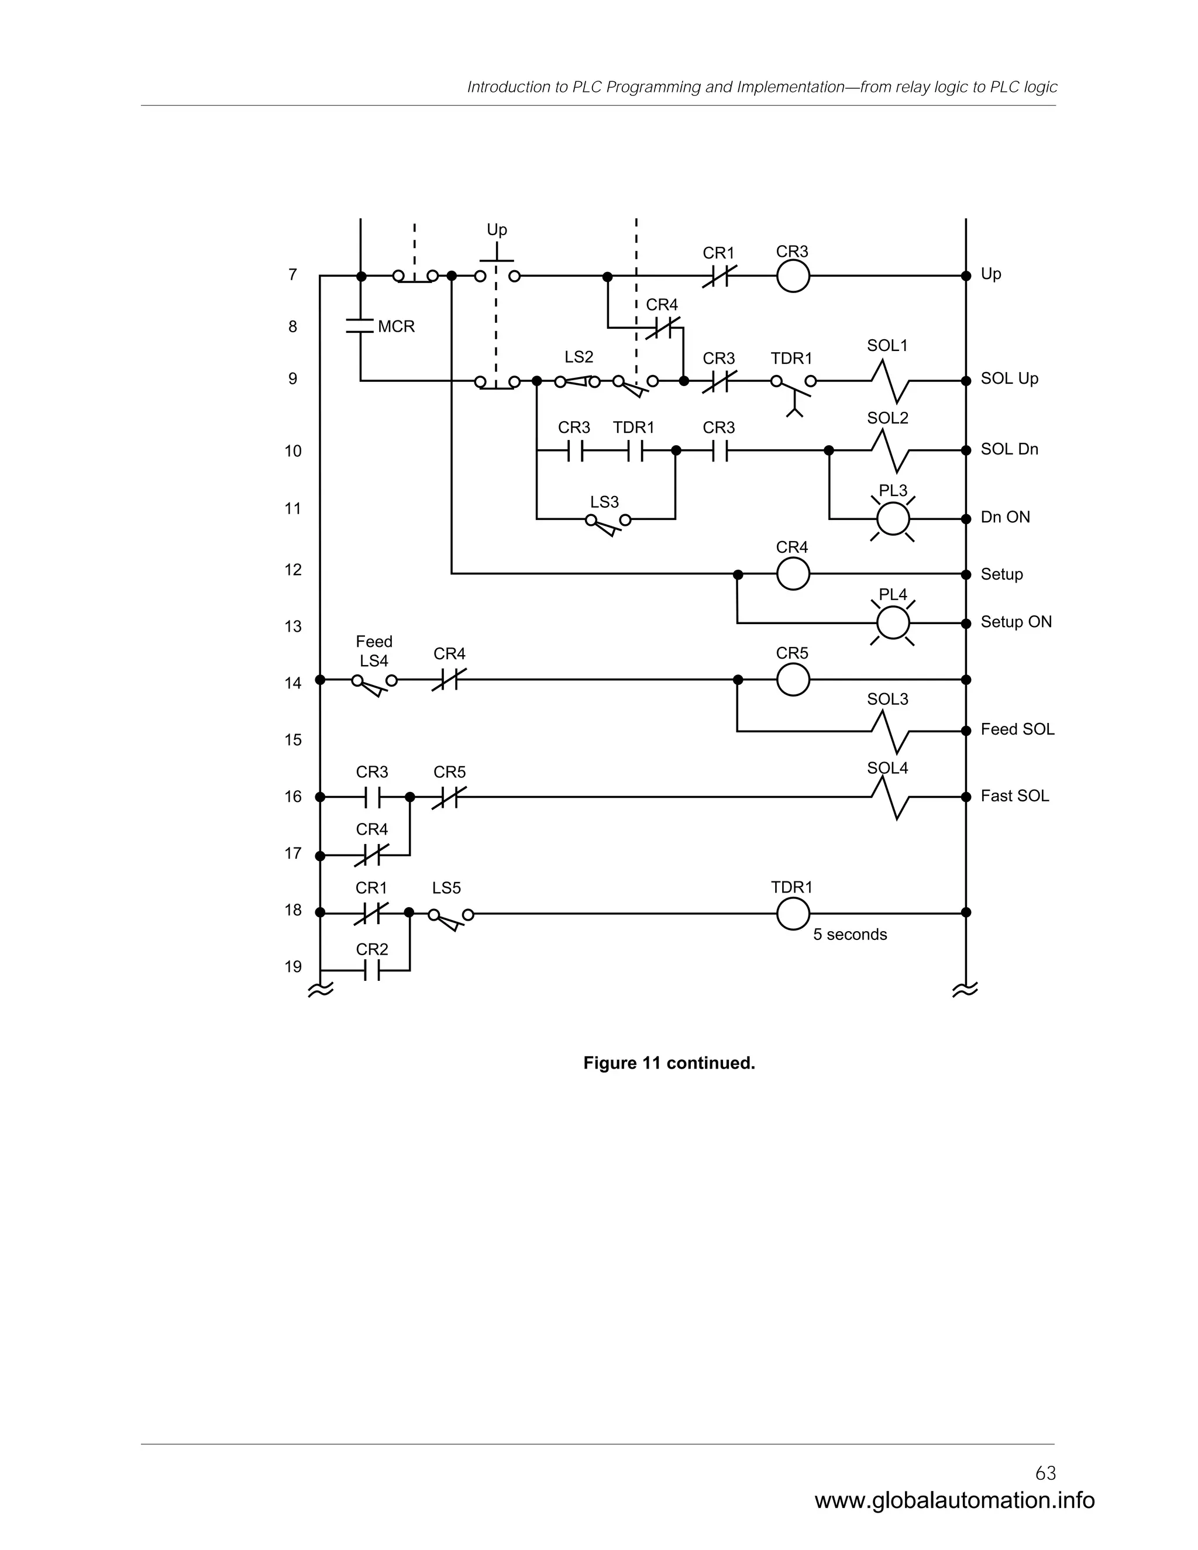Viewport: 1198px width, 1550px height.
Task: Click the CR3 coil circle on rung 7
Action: click(793, 275)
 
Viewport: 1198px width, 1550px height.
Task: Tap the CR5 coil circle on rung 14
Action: click(793, 680)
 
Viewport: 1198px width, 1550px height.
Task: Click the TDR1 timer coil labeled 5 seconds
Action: click(793, 914)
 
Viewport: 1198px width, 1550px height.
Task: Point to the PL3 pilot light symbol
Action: click(893, 519)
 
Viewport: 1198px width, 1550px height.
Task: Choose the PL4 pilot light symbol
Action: click(893, 623)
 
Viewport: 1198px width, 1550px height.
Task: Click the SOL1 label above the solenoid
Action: click(887, 346)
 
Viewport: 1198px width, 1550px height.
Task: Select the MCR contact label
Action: click(396, 326)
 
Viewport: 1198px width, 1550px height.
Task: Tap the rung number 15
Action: click(293, 740)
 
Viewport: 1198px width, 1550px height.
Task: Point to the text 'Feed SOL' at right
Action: click(1017, 729)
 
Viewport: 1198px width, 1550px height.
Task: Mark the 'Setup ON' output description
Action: click(1015, 622)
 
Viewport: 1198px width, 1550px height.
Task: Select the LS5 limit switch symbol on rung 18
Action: click(450, 916)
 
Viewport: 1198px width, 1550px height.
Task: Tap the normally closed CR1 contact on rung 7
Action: click(719, 275)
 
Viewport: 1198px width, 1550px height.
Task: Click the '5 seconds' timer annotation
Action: click(849, 935)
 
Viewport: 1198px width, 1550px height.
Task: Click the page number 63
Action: click(1045, 1473)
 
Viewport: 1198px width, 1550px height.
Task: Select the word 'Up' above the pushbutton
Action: click(497, 230)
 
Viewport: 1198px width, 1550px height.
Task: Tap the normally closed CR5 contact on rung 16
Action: click(449, 798)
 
